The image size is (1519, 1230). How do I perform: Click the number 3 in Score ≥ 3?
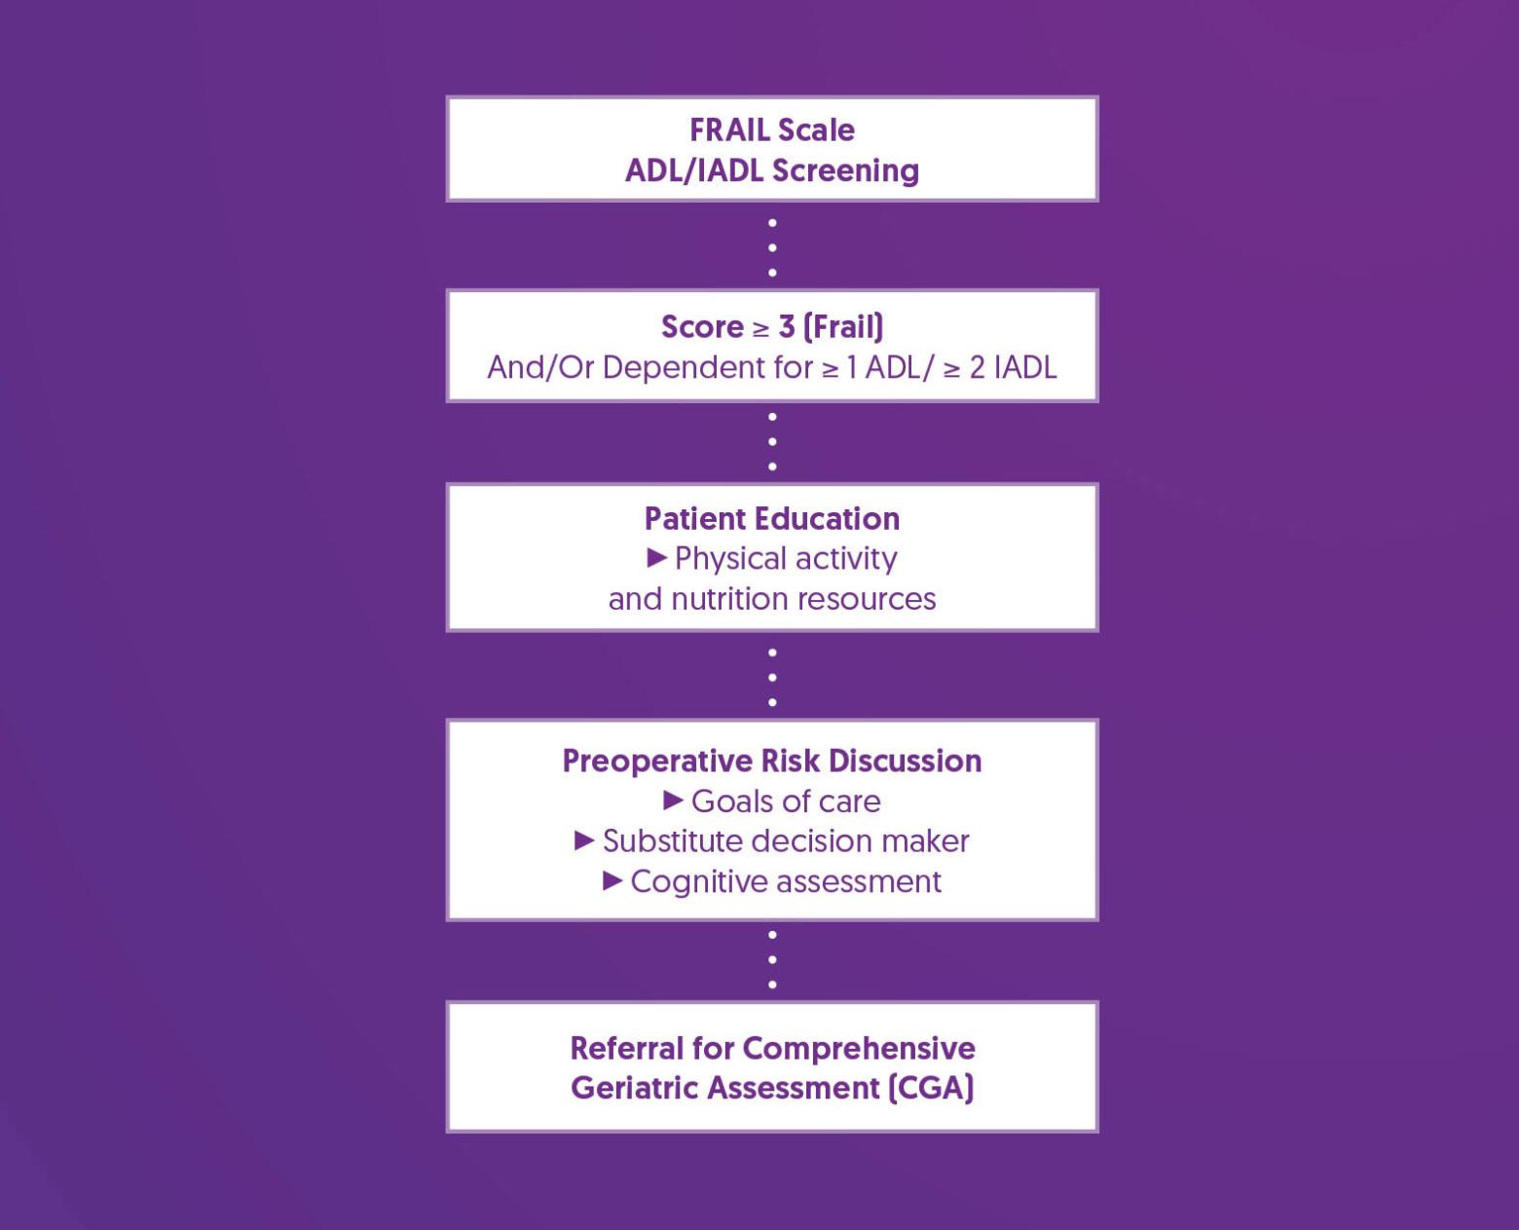click(786, 327)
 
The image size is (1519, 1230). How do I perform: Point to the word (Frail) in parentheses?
click(843, 327)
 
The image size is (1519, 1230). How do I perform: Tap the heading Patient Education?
click(771, 518)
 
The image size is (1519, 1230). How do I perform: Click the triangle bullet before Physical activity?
click(656, 557)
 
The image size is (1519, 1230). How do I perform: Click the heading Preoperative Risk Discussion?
click(771, 761)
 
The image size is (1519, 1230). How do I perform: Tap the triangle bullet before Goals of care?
click(673, 800)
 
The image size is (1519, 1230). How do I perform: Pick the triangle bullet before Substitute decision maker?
click(584, 839)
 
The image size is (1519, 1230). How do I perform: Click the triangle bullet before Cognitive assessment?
click(612, 880)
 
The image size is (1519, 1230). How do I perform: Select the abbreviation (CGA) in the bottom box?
click(931, 1087)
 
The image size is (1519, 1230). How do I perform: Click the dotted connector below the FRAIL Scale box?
click(772, 247)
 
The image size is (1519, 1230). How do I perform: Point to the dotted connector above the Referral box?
click(772, 959)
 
